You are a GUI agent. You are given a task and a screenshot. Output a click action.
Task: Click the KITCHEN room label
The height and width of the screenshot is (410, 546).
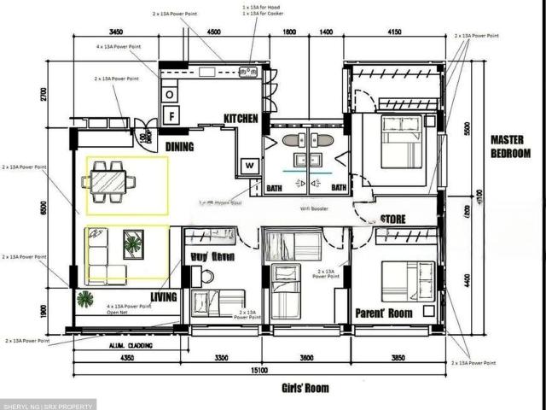[241, 119]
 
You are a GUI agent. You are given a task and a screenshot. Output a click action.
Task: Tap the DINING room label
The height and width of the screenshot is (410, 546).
[179, 147]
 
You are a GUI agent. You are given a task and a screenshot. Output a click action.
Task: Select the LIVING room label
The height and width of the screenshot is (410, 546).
[164, 297]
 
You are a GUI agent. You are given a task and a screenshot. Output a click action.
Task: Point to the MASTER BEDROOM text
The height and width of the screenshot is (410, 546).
[510, 146]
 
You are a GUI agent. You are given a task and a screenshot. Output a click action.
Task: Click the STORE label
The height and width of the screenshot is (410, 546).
[393, 220]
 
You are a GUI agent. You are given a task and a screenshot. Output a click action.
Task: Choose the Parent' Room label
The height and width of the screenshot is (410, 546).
[384, 313]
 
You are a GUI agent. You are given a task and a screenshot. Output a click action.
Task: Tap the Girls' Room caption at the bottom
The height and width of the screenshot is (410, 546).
[305, 388]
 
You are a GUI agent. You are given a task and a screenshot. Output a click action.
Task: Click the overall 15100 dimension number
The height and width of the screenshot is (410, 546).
[259, 371]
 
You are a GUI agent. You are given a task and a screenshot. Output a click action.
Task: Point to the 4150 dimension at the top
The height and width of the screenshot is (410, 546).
[393, 33]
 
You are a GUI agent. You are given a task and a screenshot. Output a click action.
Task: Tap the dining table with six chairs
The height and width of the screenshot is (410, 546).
[108, 182]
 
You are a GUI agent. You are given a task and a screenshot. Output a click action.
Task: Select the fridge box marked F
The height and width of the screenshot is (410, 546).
[171, 113]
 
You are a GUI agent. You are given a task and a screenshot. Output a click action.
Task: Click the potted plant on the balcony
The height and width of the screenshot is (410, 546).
[85, 299]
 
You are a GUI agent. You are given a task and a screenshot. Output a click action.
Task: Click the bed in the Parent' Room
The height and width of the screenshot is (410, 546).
[408, 280]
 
